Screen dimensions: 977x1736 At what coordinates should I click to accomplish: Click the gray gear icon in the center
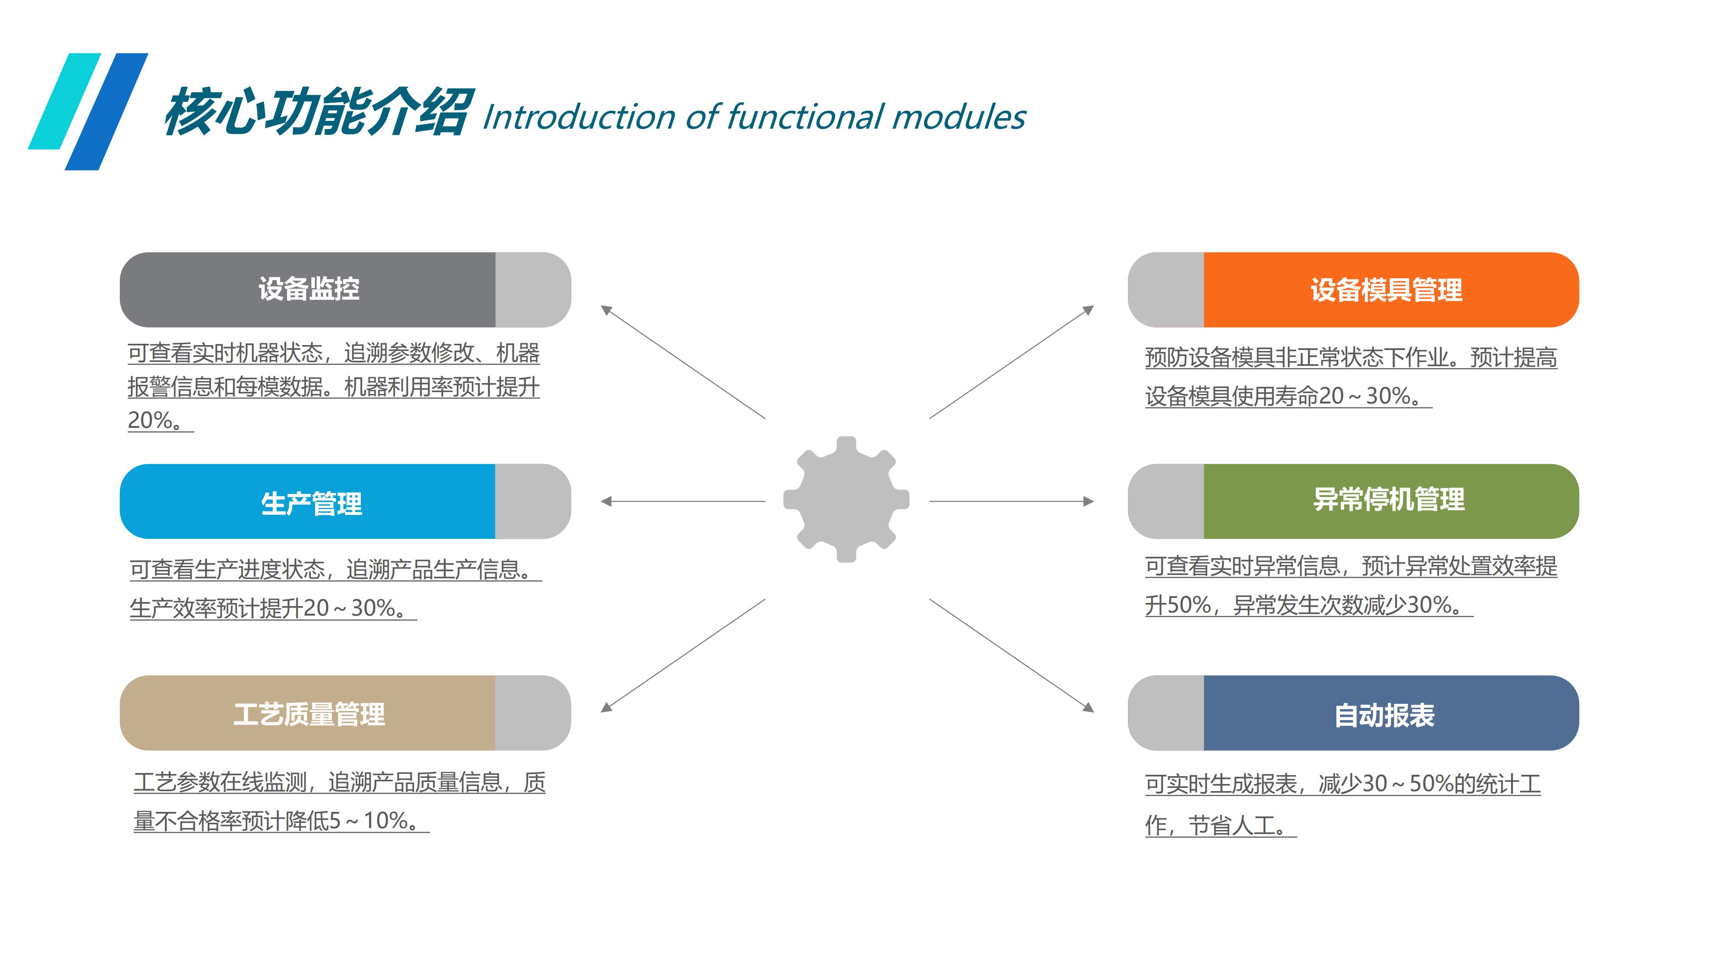click(846, 499)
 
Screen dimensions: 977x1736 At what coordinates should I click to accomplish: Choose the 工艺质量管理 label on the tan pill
click(309, 714)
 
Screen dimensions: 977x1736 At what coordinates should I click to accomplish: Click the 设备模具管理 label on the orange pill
click(1386, 290)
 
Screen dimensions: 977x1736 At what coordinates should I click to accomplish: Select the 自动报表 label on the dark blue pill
click(1384, 715)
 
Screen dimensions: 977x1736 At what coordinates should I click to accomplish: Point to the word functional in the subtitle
click(805, 117)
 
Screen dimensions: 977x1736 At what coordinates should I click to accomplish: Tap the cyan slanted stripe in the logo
click(66, 101)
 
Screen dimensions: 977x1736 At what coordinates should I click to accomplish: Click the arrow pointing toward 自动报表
click(1011, 654)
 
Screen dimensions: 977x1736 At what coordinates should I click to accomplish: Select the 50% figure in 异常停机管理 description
click(1189, 605)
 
